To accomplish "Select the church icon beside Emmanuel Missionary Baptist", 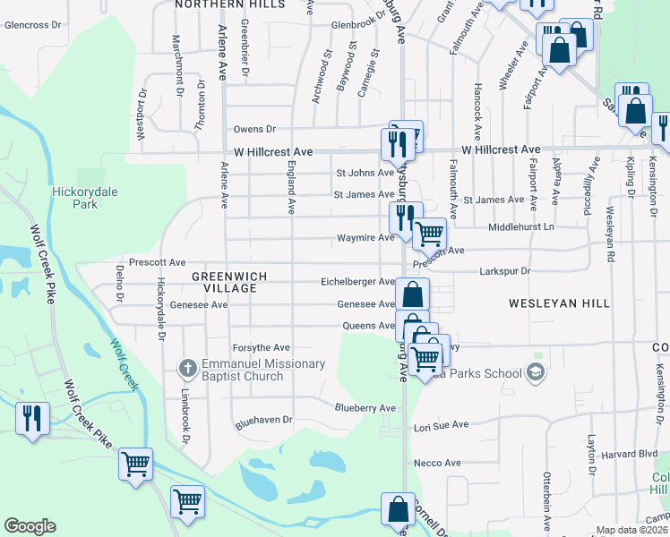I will point(187,367).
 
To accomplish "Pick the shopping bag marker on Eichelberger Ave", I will point(412,294).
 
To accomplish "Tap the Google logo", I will point(30,526).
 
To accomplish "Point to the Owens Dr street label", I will point(255,130).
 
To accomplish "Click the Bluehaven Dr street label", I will point(263,419).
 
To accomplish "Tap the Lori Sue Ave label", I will point(442,426).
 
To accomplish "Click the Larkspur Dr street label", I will point(505,270).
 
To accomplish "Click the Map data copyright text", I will point(631,530).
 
